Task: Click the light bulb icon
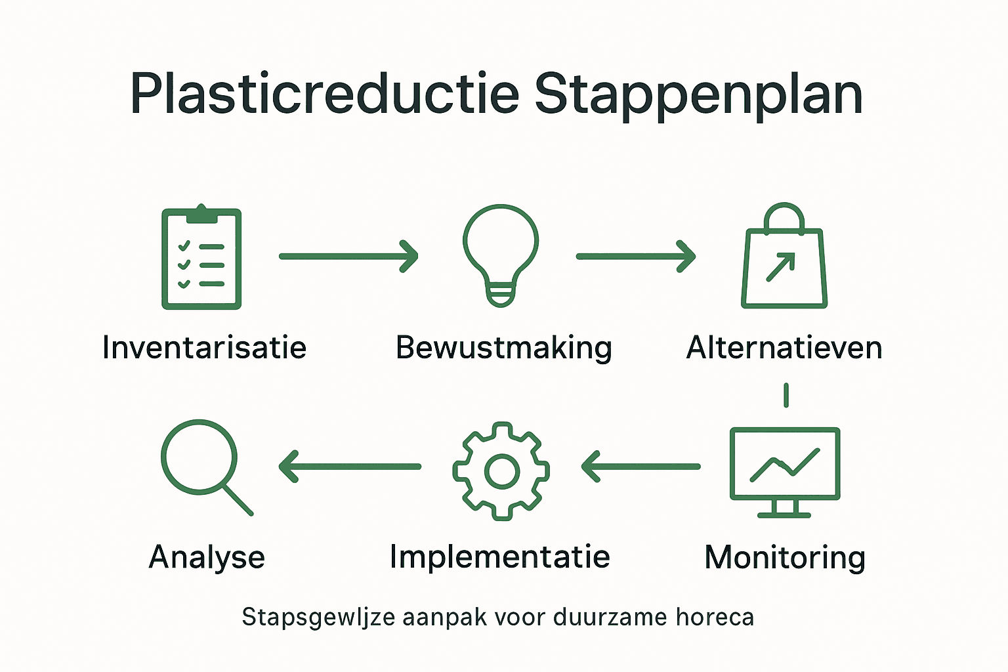pos(501,256)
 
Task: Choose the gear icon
pos(501,471)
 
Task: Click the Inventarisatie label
pos(204,347)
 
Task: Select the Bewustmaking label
pos(504,348)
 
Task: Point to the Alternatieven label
pos(784,347)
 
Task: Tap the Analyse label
pos(207,557)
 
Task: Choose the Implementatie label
pos(500,556)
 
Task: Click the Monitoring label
pos(785,558)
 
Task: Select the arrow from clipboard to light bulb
pos(348,256)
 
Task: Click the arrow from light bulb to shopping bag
pos(635,256)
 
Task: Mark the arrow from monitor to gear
pos(640,467)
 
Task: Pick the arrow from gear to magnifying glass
pos(350,467)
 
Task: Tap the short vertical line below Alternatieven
pos(786,395)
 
